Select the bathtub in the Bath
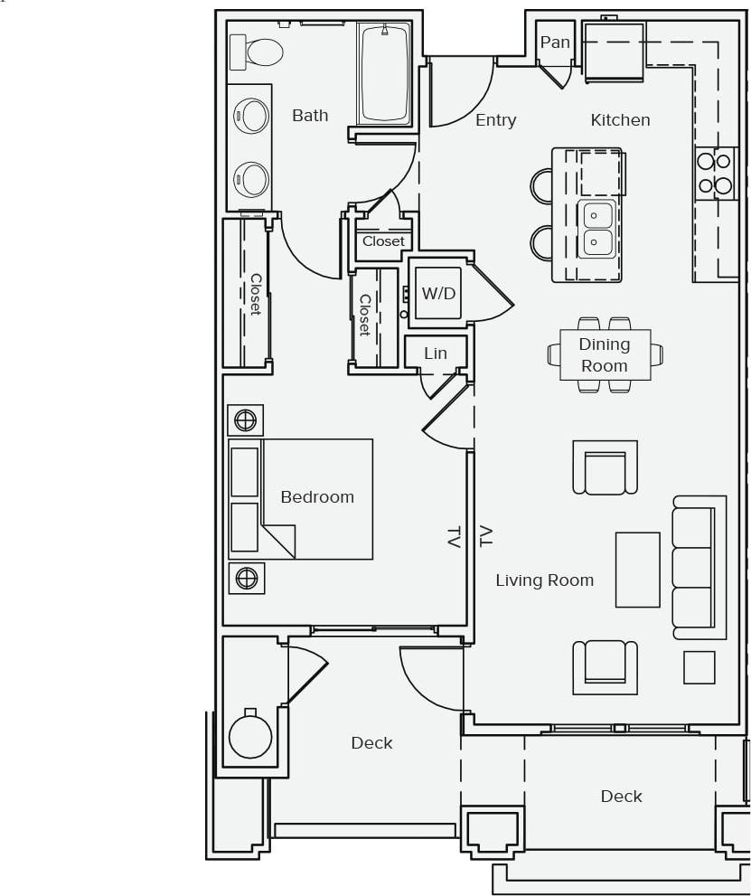(x=385, y=74)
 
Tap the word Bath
(x=310, y=116)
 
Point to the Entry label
(x=495, y=120)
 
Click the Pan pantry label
(x=555, y=42)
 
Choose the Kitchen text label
(x=620, y=120)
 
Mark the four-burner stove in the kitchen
(x=714, y=174)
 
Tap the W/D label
(x=438, y=294)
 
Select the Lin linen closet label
(x=436, y=354)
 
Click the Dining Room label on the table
(x=604, y=354)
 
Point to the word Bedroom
(x=317, y=497)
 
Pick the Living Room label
(x=544, y=580)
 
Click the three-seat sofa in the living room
(x=698, y=567)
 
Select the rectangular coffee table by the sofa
(x=638, y=569)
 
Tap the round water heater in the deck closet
(x=250, y=736)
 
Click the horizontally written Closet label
(x=384, y=241)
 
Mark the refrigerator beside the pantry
(x=614, y=52)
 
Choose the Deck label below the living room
(x=621, y=797)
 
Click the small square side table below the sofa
(x=699, y=667)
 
